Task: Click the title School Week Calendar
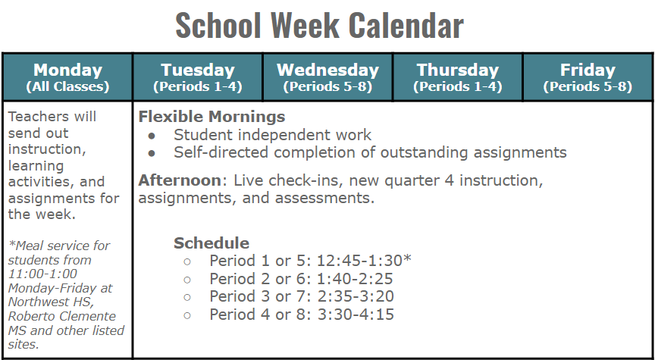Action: [x=319, y=25]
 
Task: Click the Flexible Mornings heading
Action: [x=212, y=117]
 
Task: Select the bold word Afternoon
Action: [x=171, y=181]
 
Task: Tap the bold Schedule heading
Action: [x=212, y=243]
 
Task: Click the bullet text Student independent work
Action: [x=272, y=135]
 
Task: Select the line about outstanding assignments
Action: [x=370, y=152]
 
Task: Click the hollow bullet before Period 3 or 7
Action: [x=186, y=297]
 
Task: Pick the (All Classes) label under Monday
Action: [x=67, y=86]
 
